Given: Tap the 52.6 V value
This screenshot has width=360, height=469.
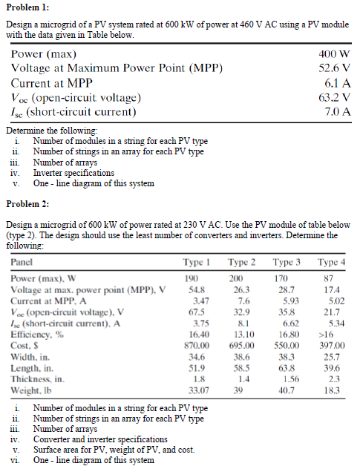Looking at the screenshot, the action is coord(334,69).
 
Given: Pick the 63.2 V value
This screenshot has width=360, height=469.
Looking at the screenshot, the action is coord(334,97).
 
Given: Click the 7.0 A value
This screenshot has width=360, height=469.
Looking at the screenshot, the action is coord(337,112).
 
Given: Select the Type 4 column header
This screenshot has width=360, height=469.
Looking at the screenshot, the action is coord(331,262).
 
